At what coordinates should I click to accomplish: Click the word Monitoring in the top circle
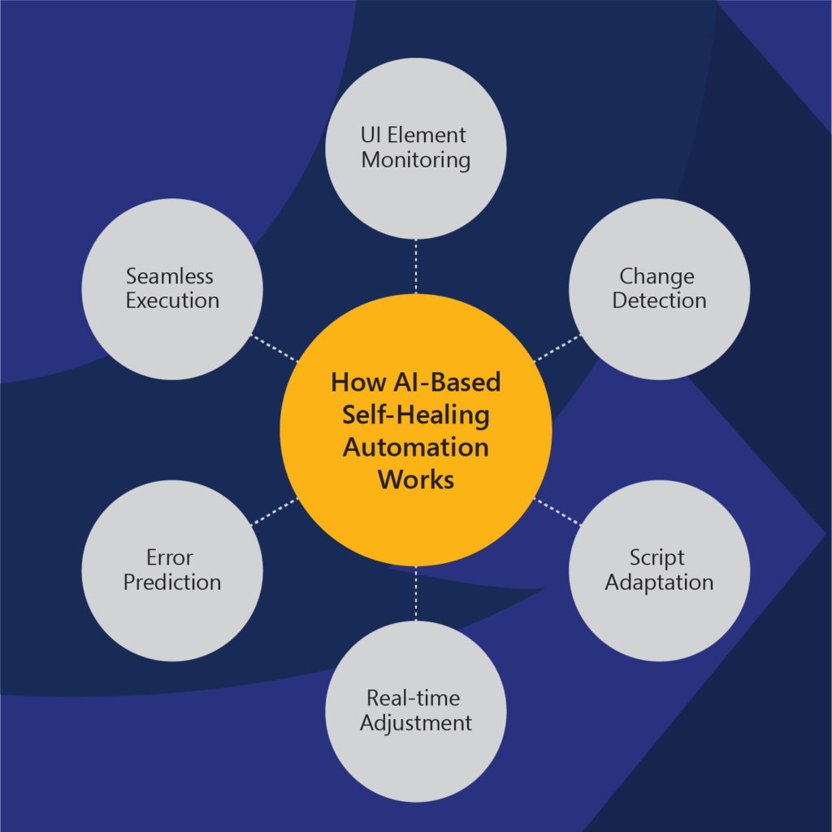point(415,161)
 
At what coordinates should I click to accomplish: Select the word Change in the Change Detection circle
point(656,277)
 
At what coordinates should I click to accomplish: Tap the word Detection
point(659,301)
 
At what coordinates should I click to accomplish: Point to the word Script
point(656,558)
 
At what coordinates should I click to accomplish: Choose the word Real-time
point(414,698)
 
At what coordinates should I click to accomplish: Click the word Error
point(170,557)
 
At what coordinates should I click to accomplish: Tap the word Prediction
point(172,583)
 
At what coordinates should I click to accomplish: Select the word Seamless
point(170,276)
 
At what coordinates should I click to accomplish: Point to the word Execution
point(172,301)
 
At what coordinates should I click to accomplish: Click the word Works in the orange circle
point(415,479)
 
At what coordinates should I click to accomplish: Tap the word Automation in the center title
point(415,448)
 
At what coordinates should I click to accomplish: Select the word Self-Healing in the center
point(415,415)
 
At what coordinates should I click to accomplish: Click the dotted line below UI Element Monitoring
point(415,266)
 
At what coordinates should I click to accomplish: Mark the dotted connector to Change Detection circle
point(557,348)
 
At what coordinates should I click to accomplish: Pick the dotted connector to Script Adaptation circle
point(557,512)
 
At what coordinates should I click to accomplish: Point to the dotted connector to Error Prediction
point(275,512)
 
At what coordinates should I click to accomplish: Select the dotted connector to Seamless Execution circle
point(275,348)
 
